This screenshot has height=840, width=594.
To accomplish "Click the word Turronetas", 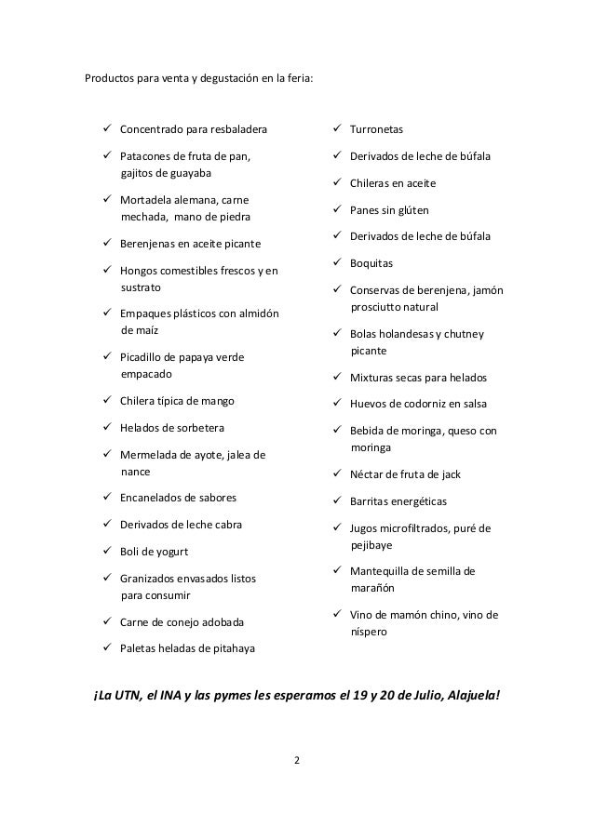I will [x=377, y=128].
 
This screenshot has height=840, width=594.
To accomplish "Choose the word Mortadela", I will [x=150, y=200].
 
